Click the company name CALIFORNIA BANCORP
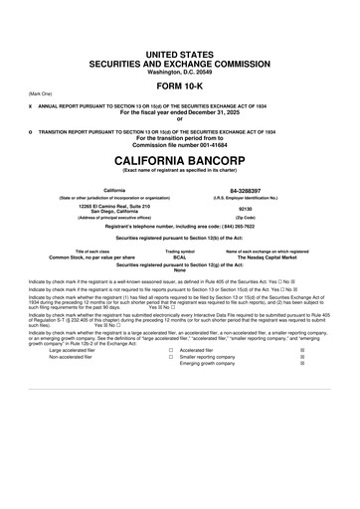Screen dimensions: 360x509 pos(180,159)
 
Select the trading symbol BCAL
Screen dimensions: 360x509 pos(180,257)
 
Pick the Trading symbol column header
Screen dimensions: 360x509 pos(180,252)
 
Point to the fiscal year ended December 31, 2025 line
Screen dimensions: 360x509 pos(180,112)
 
